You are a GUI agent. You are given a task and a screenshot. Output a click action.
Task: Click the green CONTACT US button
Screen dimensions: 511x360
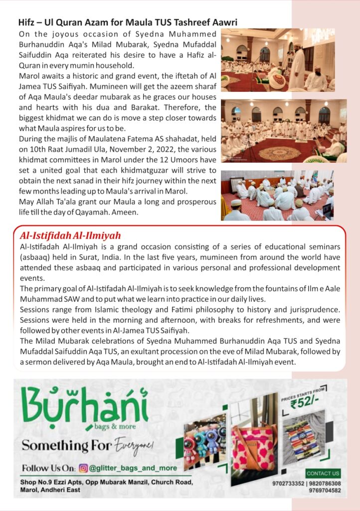point(323,473)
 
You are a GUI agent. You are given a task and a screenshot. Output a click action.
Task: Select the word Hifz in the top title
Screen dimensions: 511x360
point(26,22)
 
